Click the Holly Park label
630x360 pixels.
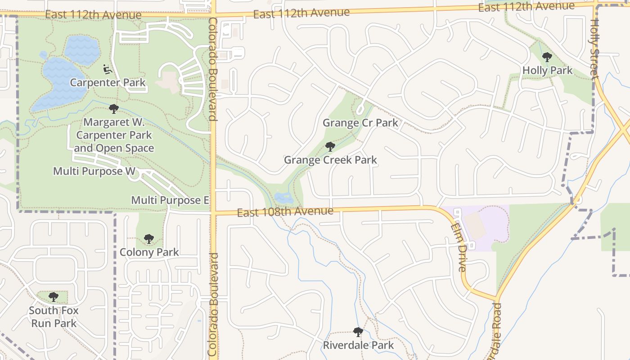point(547,71)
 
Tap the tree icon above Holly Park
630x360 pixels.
point(547,57)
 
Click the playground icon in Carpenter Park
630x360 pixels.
point(107,69)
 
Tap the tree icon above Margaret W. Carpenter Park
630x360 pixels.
point(114,108)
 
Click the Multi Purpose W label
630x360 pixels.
point(94,171)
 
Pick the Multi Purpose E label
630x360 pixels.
point(170,200)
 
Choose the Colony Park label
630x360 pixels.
point(149,252)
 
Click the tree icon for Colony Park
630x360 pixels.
point(149,239)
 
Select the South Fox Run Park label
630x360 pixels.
point(54,317)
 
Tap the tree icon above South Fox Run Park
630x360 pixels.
point(54,297)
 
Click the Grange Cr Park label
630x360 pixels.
point(360,123)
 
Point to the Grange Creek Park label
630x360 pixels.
point(330,160)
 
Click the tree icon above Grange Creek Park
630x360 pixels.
point(330,146)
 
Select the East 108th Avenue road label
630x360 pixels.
point(285,211)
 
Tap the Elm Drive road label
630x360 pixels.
point(459,247)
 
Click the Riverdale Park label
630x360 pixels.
point(358,346)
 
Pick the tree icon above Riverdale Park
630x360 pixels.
point(358,332)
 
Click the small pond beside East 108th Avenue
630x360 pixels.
point(284,198)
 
